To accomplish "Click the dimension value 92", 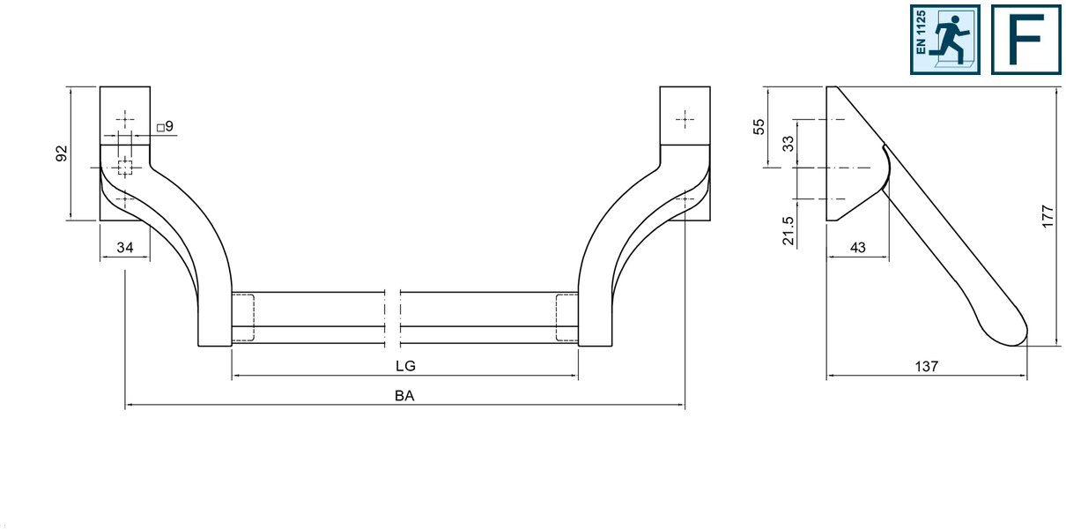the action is (x=62, y=153).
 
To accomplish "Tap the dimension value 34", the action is (x=125, y=248).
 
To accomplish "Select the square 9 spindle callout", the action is (x=165, y=126).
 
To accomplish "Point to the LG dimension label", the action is (x=405, y=366).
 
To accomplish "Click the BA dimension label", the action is (x=404, y=396).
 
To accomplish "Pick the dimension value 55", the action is (x=759, y=127).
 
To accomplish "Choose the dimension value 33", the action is (x=788, y=144).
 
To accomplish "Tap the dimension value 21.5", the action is (x=788, y=231).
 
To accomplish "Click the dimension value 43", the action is (x=857, y=248).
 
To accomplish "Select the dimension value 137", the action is (x=926, y=366).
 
